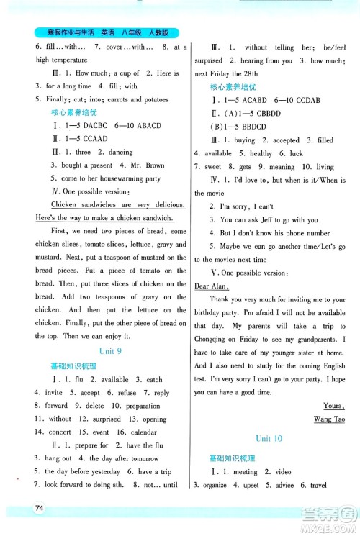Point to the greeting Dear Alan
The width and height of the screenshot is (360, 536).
212,286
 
